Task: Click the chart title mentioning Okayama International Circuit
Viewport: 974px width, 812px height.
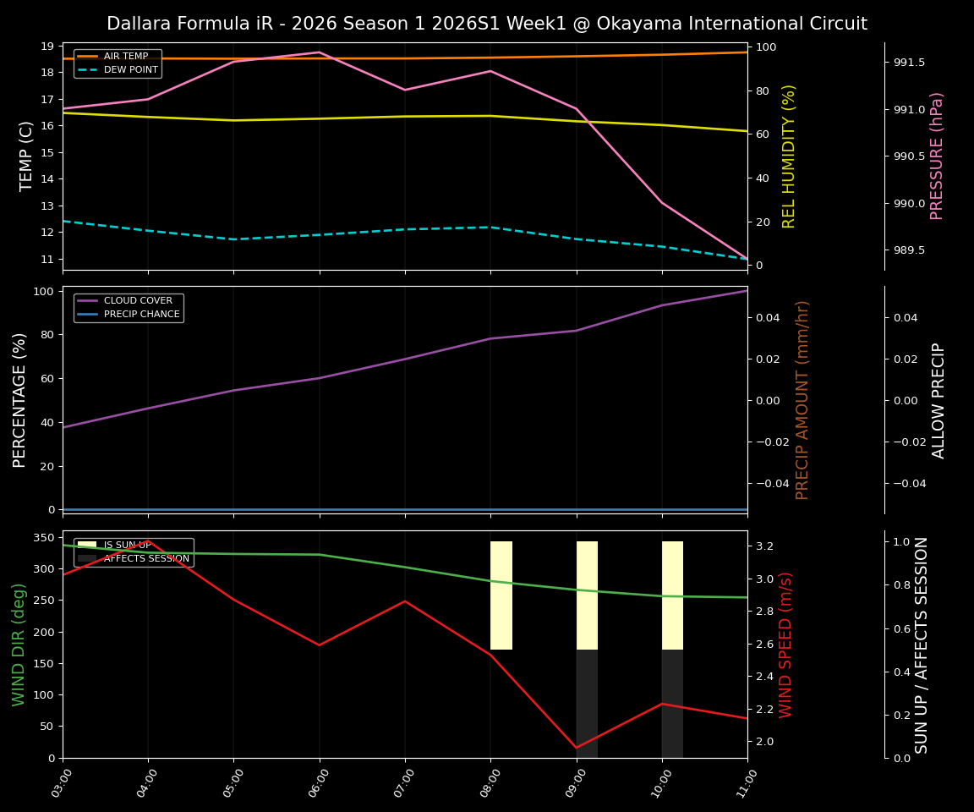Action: click(x=486, y=24)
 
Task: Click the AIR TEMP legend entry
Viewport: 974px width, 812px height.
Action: click(x=125, y=57)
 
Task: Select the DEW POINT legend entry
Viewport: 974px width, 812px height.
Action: click(x=130, y=70)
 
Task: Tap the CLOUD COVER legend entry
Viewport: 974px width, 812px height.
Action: click(x=138, y=301)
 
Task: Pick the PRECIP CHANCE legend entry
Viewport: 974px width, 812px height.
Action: click(x=141, y=315)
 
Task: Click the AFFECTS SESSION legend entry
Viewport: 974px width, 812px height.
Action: click(x=145, y=558)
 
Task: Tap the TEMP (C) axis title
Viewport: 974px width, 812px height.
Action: click(x=26, y=156)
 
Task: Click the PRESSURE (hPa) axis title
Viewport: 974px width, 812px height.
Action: click(x=937, y=156)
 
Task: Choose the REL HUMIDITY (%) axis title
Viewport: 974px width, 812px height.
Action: click(x=789, y=156)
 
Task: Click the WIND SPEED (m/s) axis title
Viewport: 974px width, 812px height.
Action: click(x=786, y=645)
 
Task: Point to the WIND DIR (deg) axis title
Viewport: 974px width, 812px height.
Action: click(x=19, y=645)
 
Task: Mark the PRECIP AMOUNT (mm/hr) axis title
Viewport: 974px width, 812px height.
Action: click(x=802, y=399)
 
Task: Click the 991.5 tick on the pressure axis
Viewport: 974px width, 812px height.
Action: click(x=909, y=63)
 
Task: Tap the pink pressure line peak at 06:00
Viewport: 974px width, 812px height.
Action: click(x=319, y=52)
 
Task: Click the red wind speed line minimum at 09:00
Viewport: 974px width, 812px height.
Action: click(x=577, y=748)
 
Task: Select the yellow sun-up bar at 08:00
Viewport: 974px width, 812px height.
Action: click(x=501, y=595)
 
